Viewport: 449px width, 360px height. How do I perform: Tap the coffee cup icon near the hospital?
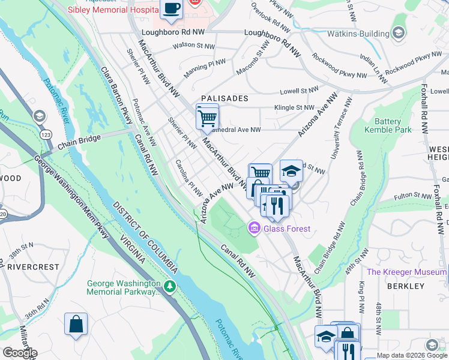coord(171,9)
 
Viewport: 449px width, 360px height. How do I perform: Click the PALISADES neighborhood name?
coord(225,98)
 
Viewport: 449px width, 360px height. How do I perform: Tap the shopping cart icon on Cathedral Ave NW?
coord(207,116)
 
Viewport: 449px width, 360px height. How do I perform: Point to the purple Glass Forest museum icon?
coord(253,228)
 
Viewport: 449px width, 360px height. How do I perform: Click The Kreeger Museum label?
coord(406,272)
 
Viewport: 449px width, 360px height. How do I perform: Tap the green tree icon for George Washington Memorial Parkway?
coord(171,287)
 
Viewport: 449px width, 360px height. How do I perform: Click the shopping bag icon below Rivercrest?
coord(76,325)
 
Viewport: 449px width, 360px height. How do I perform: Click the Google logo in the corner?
coord(19,352)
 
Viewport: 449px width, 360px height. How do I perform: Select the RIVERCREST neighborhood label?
coord(34,266)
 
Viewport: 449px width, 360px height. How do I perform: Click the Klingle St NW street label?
coord(294,108)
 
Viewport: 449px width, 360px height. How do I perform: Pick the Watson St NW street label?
coord(194,45)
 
